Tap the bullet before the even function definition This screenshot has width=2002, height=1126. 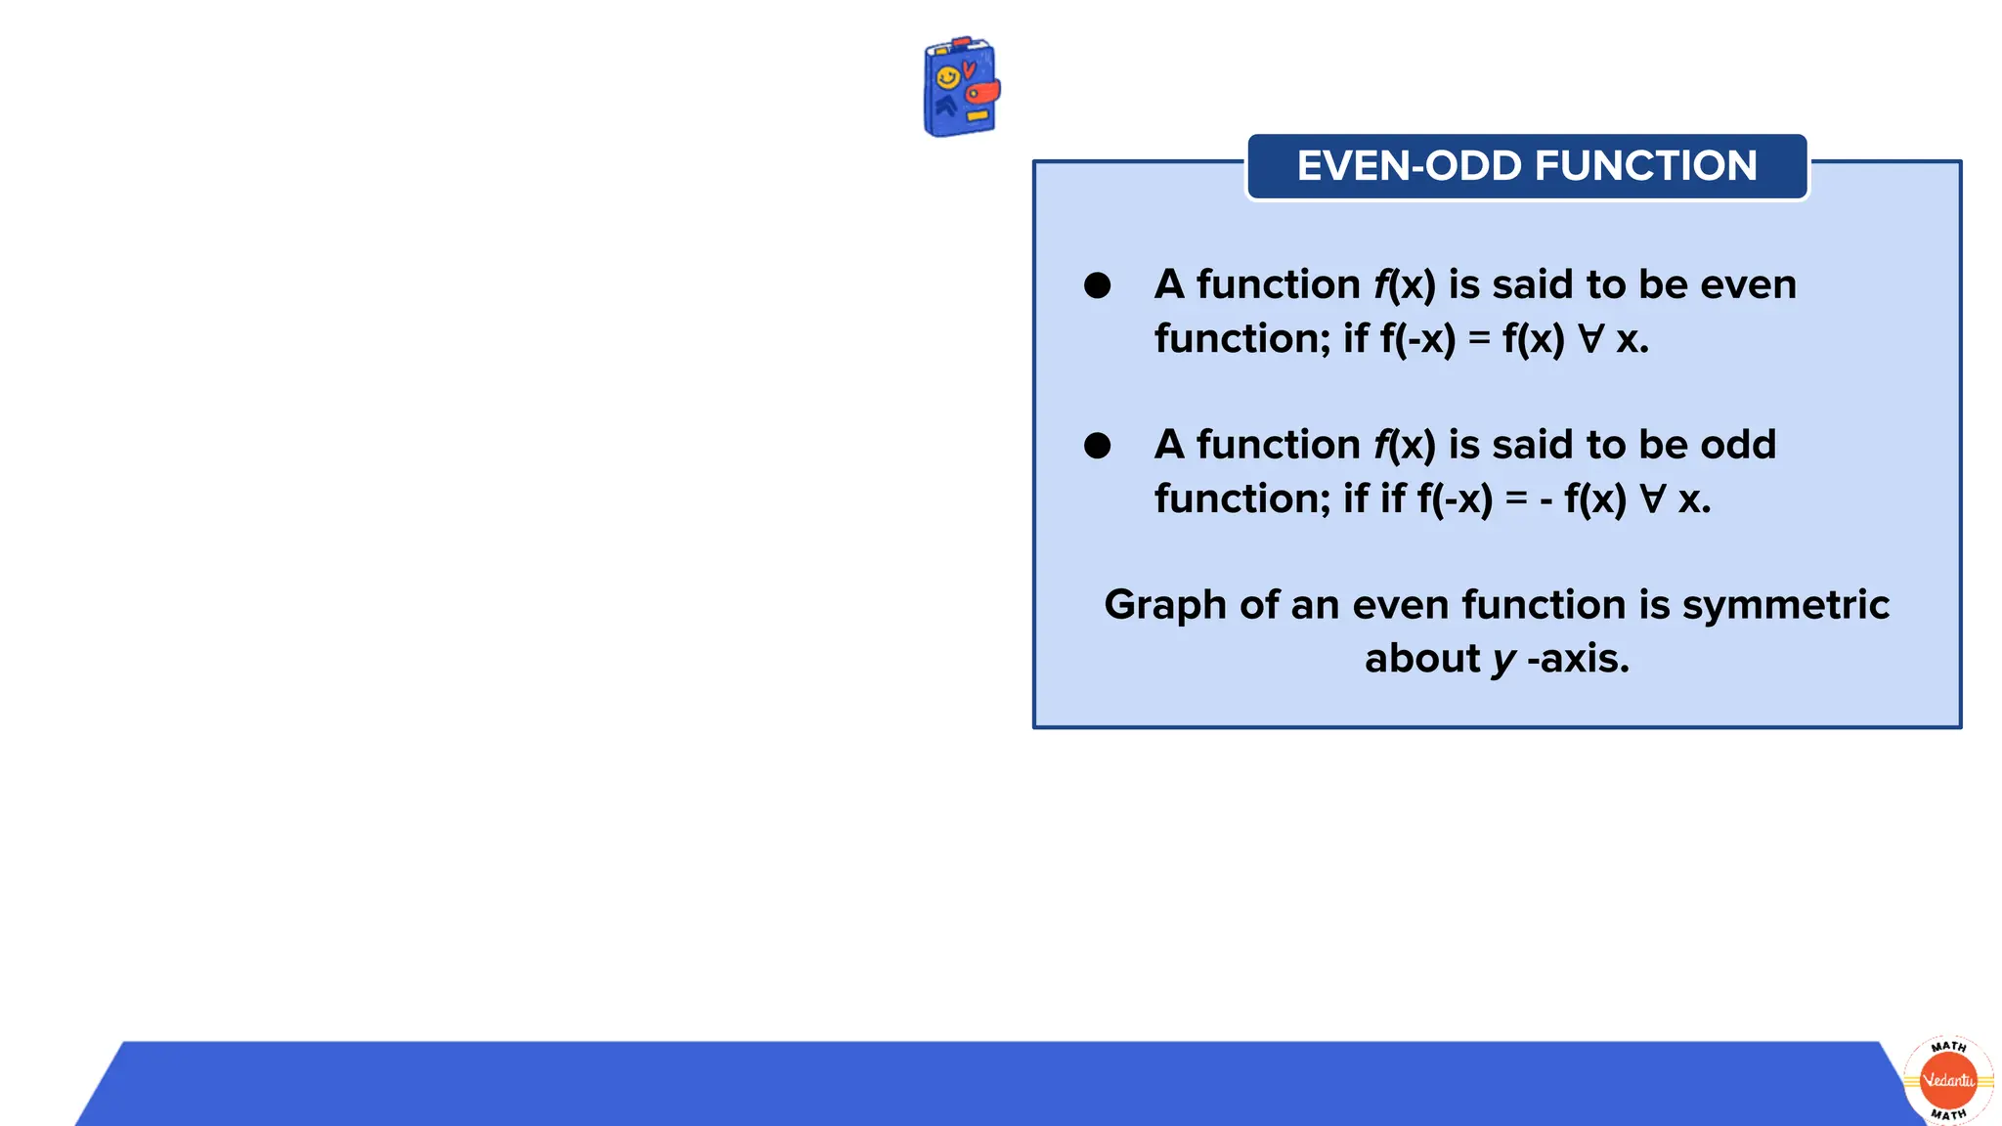1097,285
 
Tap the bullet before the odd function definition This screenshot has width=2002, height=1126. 1097,446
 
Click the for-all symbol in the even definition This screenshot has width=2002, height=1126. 1591,339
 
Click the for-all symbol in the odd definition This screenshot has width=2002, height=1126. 1652,499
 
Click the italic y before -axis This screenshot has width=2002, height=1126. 1503,661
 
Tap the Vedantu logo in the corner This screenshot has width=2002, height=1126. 1948,1080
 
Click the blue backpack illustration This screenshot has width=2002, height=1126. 959,88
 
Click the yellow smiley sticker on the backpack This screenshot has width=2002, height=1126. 946,77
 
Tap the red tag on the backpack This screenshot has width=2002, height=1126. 982,93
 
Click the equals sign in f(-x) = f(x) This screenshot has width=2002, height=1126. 1479,339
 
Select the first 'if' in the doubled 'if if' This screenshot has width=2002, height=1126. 1356,499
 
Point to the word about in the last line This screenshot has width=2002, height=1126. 1421,659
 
